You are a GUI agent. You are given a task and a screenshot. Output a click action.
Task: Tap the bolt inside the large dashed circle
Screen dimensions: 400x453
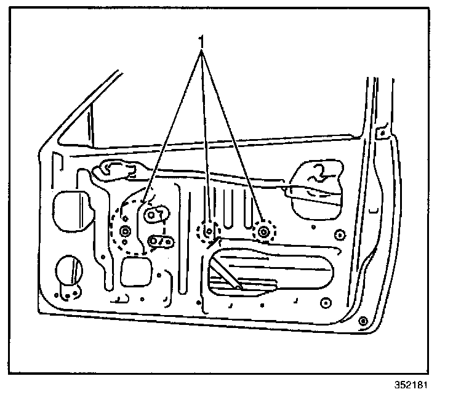[x=126, y=231]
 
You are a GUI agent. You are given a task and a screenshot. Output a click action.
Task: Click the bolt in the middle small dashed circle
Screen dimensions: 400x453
[x=208, y=231]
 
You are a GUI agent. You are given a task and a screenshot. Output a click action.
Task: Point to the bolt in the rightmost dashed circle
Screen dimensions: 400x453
[x=265, y=231]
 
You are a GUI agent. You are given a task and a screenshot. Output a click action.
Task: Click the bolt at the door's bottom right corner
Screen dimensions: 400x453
[x=363, y=320]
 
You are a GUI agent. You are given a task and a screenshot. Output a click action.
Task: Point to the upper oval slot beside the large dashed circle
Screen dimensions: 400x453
[x=156, y=214]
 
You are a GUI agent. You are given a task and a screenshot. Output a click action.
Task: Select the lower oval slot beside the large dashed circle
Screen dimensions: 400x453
[x=160, y=241]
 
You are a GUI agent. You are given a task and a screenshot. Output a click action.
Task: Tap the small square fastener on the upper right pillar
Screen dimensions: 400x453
[x=383, y=132]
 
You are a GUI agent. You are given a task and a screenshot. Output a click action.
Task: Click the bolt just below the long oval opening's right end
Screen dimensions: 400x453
[x=326, y=302]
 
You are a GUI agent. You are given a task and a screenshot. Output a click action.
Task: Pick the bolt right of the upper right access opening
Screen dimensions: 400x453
[x=340, y=234]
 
